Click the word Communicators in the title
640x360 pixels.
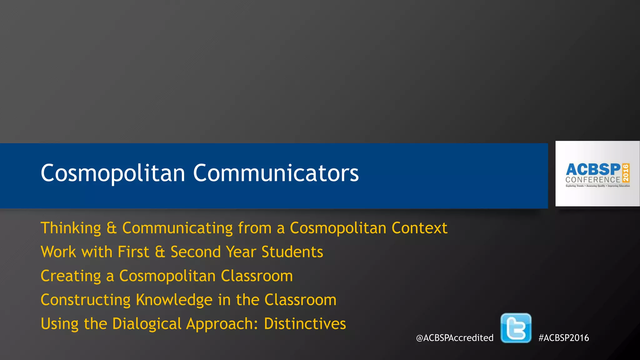[x=276, y=173]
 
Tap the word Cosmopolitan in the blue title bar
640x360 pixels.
[x=113, y=173]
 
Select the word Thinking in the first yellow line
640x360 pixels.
[x=71, y=228]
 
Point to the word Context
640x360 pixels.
[x=419, y=228]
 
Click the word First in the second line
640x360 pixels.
[x=133, y=252]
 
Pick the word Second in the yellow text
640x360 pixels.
[x=196, y=252]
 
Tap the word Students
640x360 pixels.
[x=292, y=252]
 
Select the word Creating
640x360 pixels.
[x=71, y=276]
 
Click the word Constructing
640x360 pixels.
[x=86, y=300]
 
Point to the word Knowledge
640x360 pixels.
[x=174, y=300]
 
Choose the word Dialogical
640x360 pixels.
[x=147, y=324]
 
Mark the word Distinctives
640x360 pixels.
[x=305, y=324]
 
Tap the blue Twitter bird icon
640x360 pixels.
[x=516, y=328]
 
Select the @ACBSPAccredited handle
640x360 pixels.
[x=455, y=338]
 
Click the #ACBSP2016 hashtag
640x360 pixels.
[x=563, y=338]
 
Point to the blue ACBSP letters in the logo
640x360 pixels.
[x=593, y=169]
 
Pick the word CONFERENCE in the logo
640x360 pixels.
[x=592, y=180]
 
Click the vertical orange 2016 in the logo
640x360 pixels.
[x=626, y=173]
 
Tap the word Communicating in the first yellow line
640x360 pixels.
[x=177, y=228]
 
